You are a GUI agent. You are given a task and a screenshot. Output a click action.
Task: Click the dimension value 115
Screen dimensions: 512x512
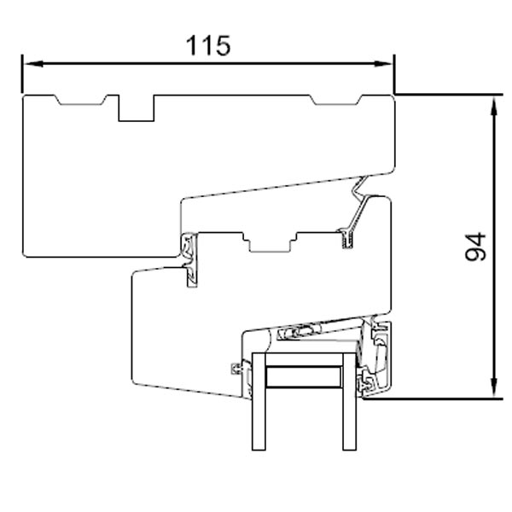click(209, 45)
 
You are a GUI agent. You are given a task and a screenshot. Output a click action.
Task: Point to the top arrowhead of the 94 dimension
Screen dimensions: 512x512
click(494, 102)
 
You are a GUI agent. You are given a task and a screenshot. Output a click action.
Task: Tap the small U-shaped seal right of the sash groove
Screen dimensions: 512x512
click(347, 238)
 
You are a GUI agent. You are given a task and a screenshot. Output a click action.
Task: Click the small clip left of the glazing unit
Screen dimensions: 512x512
click(236, 369)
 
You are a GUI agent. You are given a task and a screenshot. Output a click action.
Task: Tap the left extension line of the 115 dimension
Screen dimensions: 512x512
click(22, 77)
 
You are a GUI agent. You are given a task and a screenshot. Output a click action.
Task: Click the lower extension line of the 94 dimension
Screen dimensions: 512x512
click(444, 398)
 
